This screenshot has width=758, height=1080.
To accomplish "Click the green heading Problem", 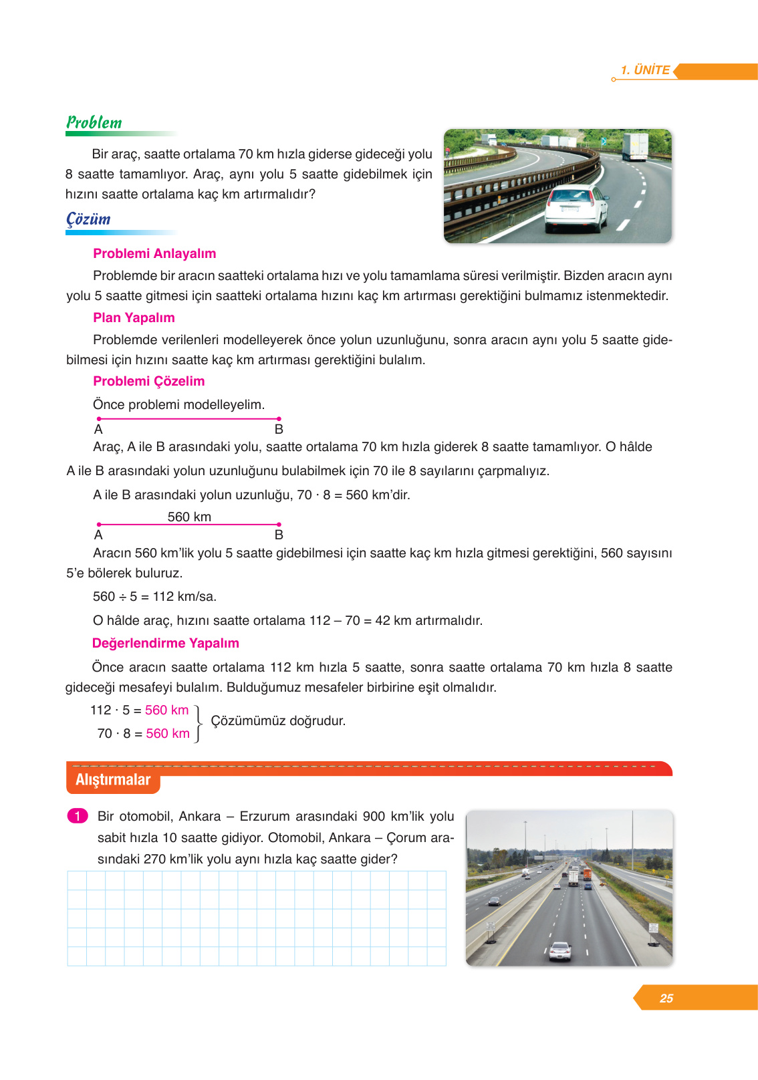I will coord(94,122).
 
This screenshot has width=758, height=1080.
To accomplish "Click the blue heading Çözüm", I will coord(88,219).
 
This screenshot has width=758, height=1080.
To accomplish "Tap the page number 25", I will coord(666,998).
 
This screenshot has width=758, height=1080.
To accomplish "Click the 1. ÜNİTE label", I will coord(645,70).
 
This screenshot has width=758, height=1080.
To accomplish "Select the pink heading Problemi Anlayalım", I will coord(154,253).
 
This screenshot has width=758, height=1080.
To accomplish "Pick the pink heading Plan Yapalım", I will coord(134,317).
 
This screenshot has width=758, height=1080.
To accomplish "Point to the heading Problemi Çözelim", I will coord(148,381).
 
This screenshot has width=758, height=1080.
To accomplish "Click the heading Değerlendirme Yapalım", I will coord(165,643).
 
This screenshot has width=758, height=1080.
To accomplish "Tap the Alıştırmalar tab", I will coord(113,780).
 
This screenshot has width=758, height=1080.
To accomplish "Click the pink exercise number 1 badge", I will coord(78,816).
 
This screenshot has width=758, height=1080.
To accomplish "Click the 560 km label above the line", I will coord(189,517).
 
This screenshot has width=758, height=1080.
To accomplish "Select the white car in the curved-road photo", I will coord(576,209).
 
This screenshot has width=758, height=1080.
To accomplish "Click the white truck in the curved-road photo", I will coord(635,146).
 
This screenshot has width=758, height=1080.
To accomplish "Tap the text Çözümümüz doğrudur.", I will coord(278,720).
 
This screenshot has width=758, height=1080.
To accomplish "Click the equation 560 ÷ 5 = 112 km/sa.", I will coord(154,596).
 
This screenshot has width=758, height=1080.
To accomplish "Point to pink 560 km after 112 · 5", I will coord(166,710).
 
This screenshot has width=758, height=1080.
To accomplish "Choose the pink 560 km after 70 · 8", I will coord(168,733).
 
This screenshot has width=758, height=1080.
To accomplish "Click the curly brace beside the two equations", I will coord(198,722).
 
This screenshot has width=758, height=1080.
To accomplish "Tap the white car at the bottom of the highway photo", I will coord(559,950).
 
